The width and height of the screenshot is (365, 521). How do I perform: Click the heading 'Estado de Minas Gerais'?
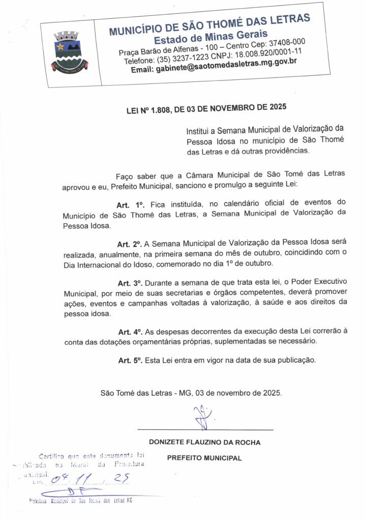211,37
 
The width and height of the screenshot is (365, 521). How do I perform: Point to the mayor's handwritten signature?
203,416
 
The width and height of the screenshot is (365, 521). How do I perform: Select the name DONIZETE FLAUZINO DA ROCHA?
204,442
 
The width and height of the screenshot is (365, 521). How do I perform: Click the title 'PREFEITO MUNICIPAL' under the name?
204,458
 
